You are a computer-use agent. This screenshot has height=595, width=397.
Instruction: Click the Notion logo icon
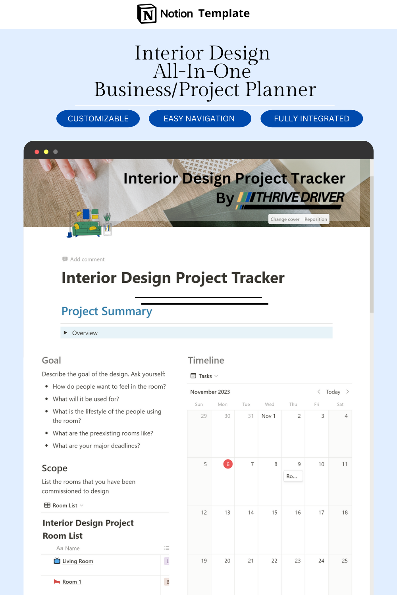click(x=147, y=14)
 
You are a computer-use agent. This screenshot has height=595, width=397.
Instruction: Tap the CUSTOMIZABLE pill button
click(x=98, y=119)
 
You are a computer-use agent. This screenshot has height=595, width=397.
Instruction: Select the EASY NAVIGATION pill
click(x=200, y=119)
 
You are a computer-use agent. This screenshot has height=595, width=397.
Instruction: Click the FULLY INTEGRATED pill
click(x=312, y=119)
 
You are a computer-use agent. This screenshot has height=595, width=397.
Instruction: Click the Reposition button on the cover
click(x=316, y=219)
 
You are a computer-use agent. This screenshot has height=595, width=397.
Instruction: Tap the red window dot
click(x=37, y=152)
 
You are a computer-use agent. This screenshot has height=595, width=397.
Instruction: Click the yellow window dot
click(x=46, y=152)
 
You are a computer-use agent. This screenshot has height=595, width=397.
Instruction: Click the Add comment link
click(x=87, y=259)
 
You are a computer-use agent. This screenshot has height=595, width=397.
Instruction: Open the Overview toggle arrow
click(x=66, y=333)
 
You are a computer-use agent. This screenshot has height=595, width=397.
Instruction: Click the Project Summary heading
click(x=107, y=311)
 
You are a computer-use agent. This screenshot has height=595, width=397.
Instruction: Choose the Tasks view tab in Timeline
click(x=205, y=376)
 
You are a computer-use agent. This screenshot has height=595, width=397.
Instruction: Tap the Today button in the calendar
click(x=333, y=392)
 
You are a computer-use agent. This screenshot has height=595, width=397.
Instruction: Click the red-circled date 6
click(x=228, y=464)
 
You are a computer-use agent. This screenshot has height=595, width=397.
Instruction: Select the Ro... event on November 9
click(x=293, y=476)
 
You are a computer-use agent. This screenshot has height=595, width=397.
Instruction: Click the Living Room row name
click(x=77, y=561)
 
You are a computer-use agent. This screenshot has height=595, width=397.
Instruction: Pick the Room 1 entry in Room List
click(x=71, y=582)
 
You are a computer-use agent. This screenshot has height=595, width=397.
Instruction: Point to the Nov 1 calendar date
click(x=268, y=416)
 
